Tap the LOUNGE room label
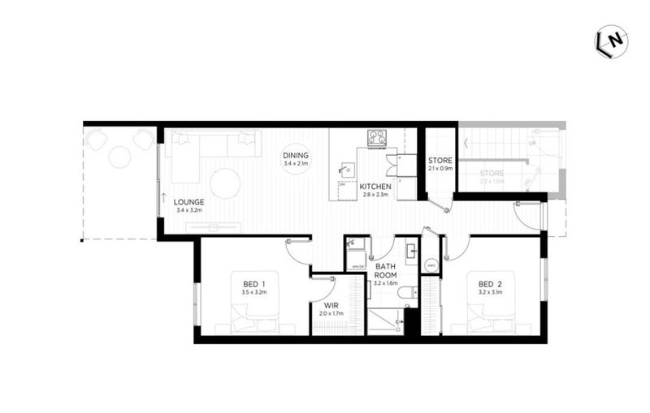188,202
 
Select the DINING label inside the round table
296,156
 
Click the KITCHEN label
375,187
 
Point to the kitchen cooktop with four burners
376,137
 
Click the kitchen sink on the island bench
347,170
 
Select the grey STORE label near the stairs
491,173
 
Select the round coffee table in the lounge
225,183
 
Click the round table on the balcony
119,157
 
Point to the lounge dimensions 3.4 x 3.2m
188,211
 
